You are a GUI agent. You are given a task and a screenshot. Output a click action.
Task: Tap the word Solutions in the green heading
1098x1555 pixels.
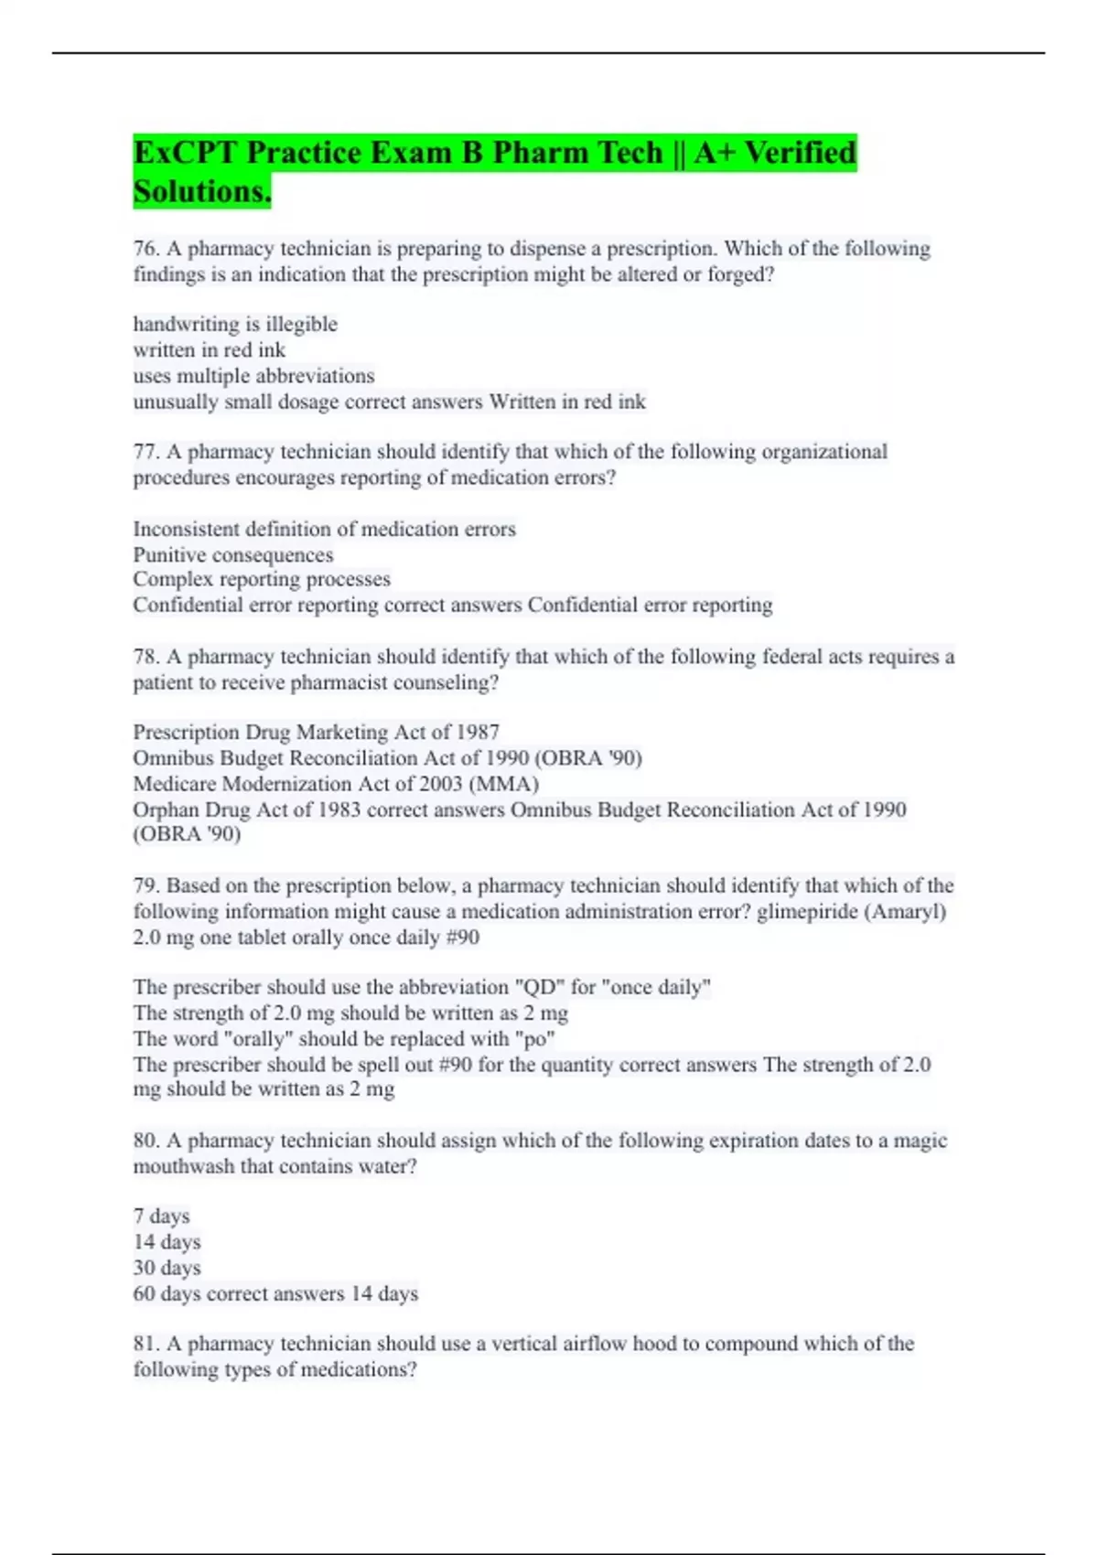point(201,192)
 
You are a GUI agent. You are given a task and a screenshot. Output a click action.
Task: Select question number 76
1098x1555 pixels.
point(146,249)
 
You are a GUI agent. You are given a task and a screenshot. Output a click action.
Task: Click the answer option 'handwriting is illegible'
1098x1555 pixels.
point(235,324)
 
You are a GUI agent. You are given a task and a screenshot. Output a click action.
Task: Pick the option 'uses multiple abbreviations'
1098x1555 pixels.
point(253,376)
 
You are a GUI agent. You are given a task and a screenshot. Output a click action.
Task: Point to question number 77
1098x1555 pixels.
point(146,452)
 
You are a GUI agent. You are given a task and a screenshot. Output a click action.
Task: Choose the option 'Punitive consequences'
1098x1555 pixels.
point(233,555)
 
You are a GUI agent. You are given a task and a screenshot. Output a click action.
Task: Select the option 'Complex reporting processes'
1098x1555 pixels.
point(262,579)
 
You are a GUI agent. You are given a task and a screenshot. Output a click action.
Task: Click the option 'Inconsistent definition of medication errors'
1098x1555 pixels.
point(324,529)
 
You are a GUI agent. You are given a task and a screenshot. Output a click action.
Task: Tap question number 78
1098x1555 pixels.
point(146,657)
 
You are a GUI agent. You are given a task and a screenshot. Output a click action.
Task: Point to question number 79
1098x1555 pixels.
point(146,885)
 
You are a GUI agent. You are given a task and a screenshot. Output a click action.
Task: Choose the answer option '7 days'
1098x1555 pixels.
point(161,1217)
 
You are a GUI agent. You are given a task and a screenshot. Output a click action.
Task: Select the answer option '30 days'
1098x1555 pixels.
point(167,1268)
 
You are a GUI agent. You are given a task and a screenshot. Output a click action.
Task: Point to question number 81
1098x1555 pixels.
point(146,1344)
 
